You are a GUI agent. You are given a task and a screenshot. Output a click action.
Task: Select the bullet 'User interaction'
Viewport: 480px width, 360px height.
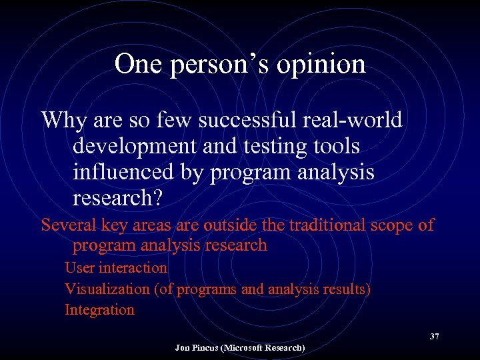(x=116, y=268)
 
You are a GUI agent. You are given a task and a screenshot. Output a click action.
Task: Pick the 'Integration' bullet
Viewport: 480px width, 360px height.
(x=99, y=310)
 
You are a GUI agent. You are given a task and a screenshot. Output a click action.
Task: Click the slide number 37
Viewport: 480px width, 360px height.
(x=434, y=336)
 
